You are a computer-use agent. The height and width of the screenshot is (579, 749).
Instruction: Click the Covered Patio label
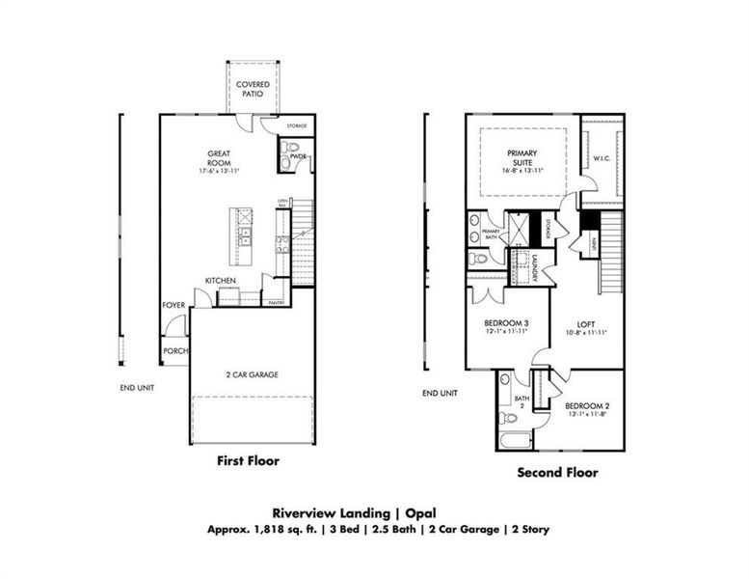click(254, 90)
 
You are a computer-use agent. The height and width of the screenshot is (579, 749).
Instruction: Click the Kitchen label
click(220, 281)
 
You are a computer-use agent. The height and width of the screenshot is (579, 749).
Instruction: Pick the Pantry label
click(276, 302)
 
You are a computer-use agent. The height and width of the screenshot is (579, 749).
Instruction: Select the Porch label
click(175, 350)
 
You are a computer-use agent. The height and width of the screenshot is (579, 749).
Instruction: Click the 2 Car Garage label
click(252, 374)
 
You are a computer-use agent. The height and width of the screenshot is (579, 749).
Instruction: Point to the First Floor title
click(247, 460)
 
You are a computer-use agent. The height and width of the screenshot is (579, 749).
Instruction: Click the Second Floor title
click(557, 473)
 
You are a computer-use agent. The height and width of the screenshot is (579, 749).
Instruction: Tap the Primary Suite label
click(522, 158)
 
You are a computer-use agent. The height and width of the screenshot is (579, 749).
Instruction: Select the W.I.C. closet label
click(604, 158)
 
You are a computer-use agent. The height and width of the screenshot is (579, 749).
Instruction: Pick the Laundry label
click(535, 268)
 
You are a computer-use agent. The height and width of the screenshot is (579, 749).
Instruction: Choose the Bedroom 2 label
click(588, 405)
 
